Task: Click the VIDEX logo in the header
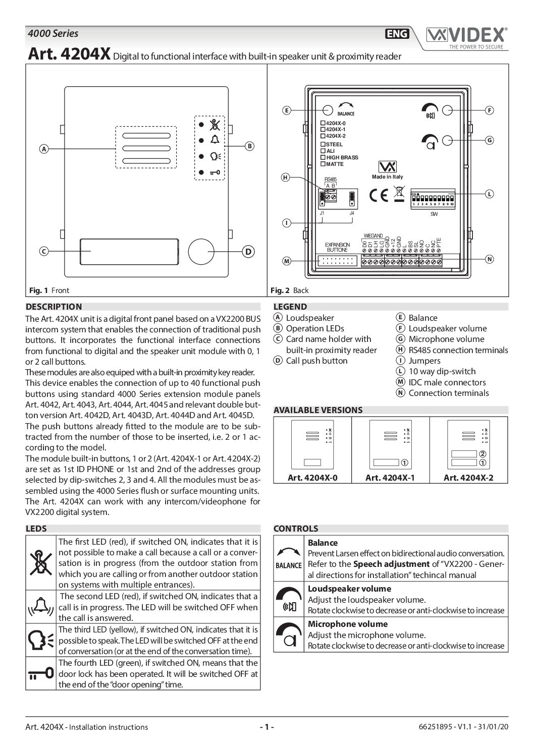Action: tap(466, 36)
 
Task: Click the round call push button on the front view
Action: tap(201, 251)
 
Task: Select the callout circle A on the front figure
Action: tap(44, 149)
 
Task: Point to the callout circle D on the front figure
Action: tap(248, 252)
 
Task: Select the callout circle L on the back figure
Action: tap(489, 194)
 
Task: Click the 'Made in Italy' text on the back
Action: tap(388, 177)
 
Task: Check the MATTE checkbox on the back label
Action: tap(323, 164)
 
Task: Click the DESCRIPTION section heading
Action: tap(54, 307)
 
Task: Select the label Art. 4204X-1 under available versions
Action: tap(390, 478)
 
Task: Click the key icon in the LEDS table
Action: tap(41, 673)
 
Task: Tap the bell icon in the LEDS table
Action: tap(41, 607)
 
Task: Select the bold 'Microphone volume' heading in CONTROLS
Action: tap(341, 624)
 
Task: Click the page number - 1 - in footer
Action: tap(266, 727)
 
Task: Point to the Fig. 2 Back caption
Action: tap(290, 291)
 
